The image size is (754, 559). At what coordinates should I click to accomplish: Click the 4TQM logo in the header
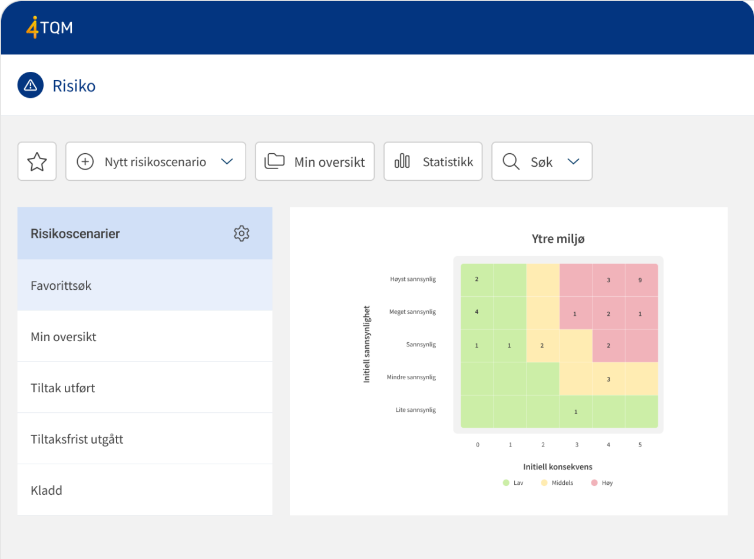[x=49, y=27]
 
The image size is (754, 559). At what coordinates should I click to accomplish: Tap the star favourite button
[x=37, y=161]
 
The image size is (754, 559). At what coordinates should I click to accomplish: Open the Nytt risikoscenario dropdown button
[x=156, y=161]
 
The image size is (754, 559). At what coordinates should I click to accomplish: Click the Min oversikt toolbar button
[x=315, y=161]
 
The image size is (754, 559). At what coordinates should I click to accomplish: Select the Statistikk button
[x=433, y=161]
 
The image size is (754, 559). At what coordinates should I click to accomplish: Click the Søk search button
[x=541, y=161]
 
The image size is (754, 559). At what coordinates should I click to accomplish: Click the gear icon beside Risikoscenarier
[x=242, y=233]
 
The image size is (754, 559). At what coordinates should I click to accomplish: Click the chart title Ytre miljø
[x=558, y=239]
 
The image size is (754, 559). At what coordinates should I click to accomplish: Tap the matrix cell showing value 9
[x=640, y=280]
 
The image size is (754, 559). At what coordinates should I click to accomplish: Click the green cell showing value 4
[x=477, y=312]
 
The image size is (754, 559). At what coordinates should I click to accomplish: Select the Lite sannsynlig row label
[x=415, y=409]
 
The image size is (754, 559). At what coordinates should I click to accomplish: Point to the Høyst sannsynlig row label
[x=412, y=279]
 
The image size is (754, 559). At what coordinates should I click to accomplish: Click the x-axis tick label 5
[x=640, y=445]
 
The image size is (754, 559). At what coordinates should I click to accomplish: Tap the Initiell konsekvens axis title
[x=557, y=467]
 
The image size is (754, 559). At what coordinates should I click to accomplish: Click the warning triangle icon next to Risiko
[x=31, y=85]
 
